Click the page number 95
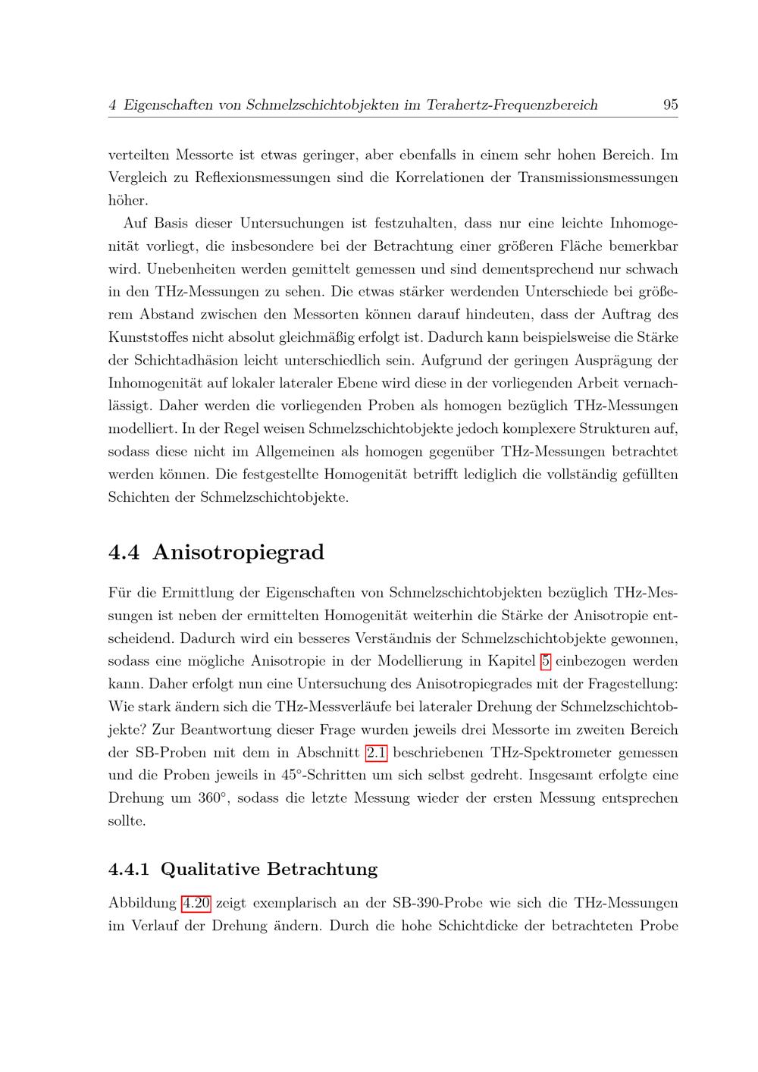(x=670, y=105)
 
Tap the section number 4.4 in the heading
(x=124, y=553)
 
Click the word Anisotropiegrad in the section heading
(x=238, y=553)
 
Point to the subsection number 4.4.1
(x=129, y=869)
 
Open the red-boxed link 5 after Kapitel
(x=545, y=661)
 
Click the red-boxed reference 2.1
(x=376, y=753)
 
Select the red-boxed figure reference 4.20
(x=196, y=903)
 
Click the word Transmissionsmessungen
(x=598, y=178)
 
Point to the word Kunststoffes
(x=148, y=337)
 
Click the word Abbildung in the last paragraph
(x=142, y=903)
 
